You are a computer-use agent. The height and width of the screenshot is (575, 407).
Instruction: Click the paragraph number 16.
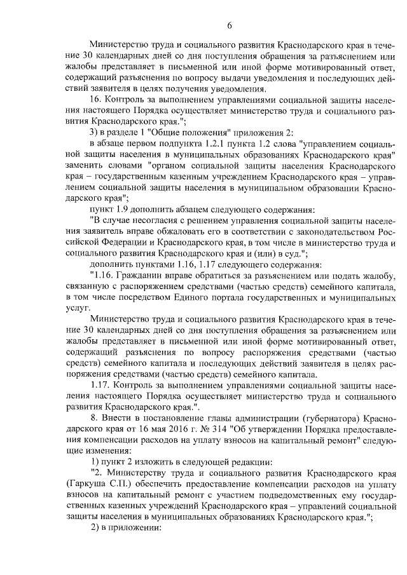pyautogui.click(x=97, y=100)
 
